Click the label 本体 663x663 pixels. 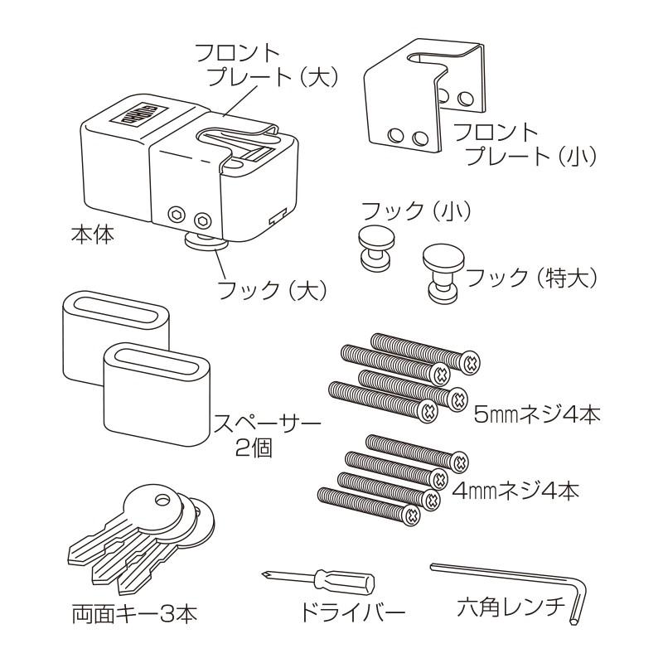coord(93,235)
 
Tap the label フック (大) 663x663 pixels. coord(272,290)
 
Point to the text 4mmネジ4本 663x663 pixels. coord(515,489)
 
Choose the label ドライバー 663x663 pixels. coord(351,614)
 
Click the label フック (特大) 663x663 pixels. coord(531,277)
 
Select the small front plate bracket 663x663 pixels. coord(423,95)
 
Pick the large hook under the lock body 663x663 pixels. coord(202,243)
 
